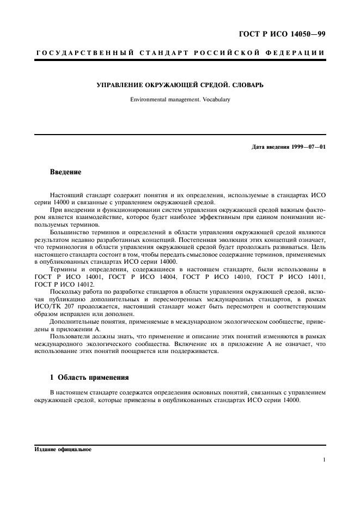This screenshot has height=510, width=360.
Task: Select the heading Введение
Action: pyautogui.click(x=65, y=172)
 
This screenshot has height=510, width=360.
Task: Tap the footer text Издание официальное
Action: pyautogui.click(x=63, y=450)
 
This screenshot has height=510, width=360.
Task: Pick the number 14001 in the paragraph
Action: pyautogui.click(x=87, y=277)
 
